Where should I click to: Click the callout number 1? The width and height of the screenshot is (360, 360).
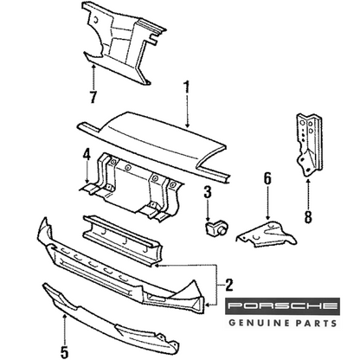point(187,87)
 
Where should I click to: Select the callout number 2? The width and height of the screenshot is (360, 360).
point(228,285)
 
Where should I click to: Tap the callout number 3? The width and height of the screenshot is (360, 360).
point(208,192)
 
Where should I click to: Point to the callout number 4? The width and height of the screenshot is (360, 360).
point(87,155)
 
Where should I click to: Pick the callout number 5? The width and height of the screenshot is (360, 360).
point(64,351)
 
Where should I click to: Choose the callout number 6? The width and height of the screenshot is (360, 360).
point(268,179)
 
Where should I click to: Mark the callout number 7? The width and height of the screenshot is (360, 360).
point(93,97)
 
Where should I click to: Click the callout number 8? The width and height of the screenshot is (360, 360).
point(308,217)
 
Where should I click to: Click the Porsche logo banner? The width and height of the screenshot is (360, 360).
point(282,305)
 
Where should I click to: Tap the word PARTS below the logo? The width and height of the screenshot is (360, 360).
point(316,323)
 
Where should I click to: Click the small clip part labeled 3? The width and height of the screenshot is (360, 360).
point(217,228)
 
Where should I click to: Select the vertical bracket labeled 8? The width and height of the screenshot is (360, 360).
point(309,145)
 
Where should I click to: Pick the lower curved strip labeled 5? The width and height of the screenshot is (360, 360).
point(111,320)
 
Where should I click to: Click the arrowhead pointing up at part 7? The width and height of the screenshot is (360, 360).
point(93,67)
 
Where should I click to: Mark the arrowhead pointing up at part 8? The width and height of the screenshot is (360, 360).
point(308,181)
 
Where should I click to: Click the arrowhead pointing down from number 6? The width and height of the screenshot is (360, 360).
point(268,219)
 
